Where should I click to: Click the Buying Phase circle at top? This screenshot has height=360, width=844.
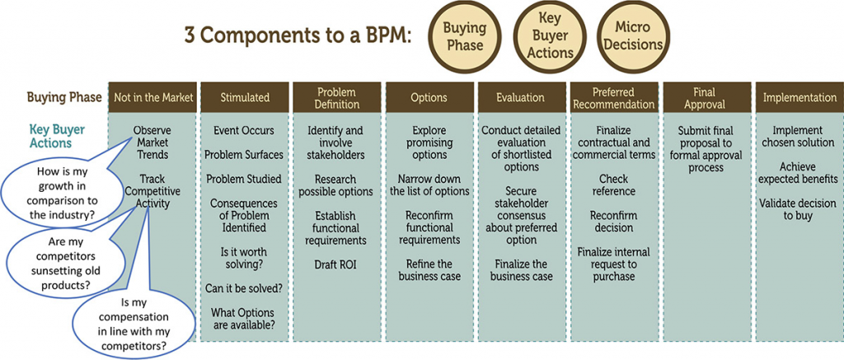coord(465,37)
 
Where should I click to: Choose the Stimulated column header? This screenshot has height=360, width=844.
coord(245,97)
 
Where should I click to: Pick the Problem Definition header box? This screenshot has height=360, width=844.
coord(336,97)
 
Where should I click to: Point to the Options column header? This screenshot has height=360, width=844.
coord(429,97)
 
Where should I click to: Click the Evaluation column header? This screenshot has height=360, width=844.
coord(520,97)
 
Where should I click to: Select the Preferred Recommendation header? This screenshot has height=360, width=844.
coord(612,97)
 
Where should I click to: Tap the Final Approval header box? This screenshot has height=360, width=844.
coord(705,97)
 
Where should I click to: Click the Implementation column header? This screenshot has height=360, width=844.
coord(799,97)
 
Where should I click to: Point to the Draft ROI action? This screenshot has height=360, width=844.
coord(336,264)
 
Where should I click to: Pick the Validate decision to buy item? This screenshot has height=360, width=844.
coord(799,209)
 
